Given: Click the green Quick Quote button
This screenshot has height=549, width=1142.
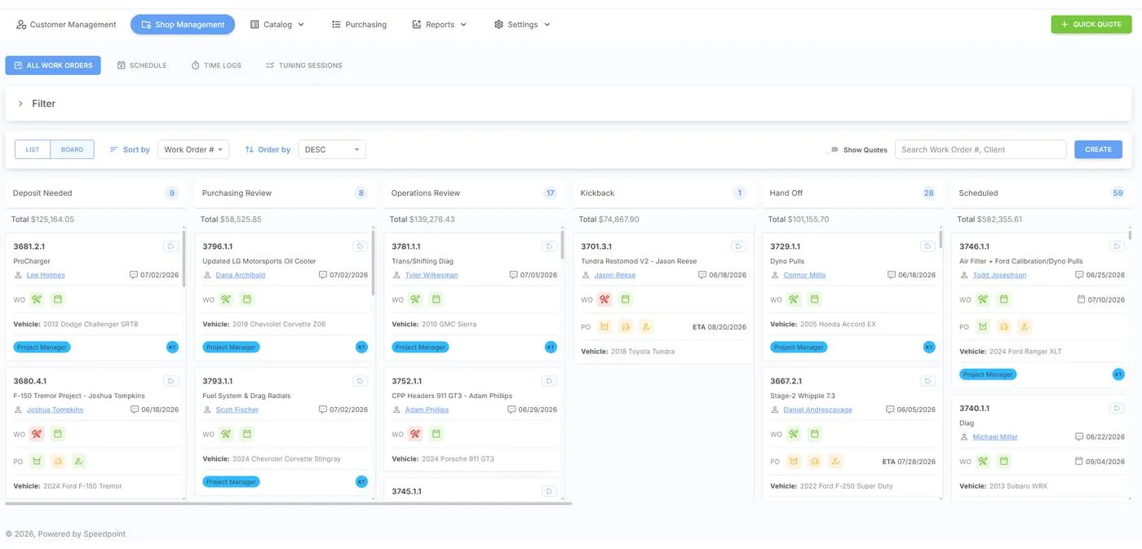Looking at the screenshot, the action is [x=1091, y=24].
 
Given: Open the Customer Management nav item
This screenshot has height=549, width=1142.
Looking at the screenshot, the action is [x=66, y=24].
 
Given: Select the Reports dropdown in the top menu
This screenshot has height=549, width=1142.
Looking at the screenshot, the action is [x=440, y=24].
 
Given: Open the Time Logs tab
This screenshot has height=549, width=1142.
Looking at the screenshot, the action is [x=216, y=65].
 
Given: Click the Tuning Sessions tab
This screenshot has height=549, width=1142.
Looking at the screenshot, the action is [x=303, y=65].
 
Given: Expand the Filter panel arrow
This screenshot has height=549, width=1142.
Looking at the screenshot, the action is [x=20, y=104].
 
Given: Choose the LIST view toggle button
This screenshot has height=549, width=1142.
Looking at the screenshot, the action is [x=33, y=149].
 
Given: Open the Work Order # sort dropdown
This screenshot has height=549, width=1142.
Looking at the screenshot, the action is [x=193, y=149].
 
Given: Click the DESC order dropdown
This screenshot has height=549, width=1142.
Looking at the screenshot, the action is [x=332, y=149].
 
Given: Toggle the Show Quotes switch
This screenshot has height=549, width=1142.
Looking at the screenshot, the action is [x=833, y=149].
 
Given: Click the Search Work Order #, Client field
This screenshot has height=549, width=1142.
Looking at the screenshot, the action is [x=980, y=149].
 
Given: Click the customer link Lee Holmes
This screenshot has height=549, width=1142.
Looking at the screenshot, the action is [x=46, y=275].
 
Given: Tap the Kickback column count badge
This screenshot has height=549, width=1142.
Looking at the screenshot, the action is [x=739, y=193].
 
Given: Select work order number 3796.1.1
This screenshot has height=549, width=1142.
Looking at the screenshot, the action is [x=218, y=246].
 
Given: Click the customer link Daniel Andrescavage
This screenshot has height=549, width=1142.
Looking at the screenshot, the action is [x=817, y=410].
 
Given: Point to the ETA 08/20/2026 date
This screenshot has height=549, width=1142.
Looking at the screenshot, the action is [x=719, y=327].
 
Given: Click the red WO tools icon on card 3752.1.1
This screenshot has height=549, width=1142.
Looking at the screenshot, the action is [x=415, y=434].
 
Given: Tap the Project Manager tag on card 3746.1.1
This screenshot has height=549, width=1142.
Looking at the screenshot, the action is [x=988, y=374].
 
